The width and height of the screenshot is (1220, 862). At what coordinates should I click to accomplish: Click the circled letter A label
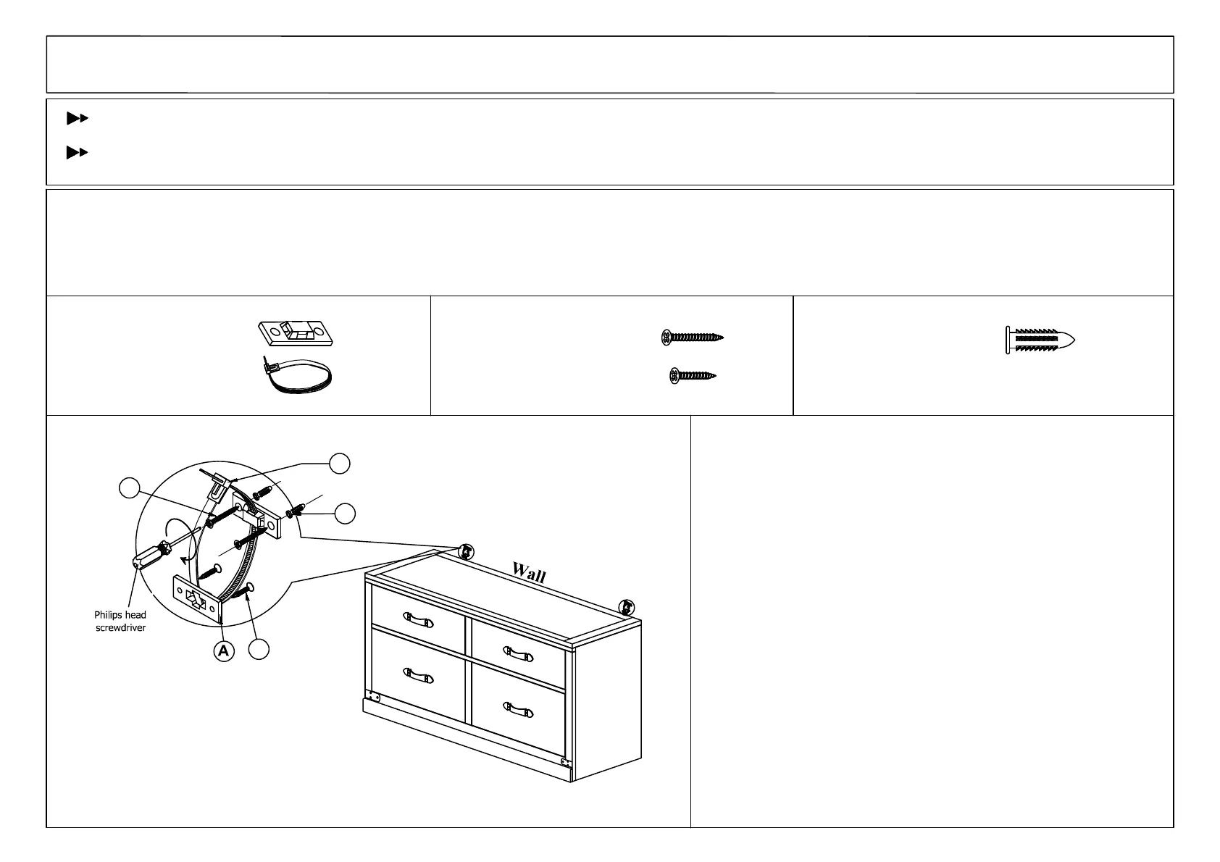(224, 651)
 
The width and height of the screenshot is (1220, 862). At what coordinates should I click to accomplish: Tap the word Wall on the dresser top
(529, 572)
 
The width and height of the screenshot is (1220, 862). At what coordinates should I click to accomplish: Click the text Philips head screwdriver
(121, 621)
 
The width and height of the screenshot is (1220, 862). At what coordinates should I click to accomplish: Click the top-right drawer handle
(519, 656)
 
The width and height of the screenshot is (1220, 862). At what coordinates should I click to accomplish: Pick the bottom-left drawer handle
(419, 677)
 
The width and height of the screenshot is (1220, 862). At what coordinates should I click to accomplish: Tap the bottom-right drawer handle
(519, 709)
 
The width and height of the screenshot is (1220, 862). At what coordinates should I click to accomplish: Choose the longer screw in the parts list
(693, 337)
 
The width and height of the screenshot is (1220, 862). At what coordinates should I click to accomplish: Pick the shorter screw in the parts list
(693, 375)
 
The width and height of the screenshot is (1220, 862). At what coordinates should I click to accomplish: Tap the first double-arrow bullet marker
(77, 117)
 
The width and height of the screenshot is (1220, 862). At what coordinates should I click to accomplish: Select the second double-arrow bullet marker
(77, 152)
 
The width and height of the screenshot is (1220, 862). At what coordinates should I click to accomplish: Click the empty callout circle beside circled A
(259, 650)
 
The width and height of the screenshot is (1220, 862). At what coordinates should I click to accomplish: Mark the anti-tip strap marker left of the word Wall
(467, 552)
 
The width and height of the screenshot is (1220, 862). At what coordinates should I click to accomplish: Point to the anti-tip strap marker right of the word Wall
(627, 607)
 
